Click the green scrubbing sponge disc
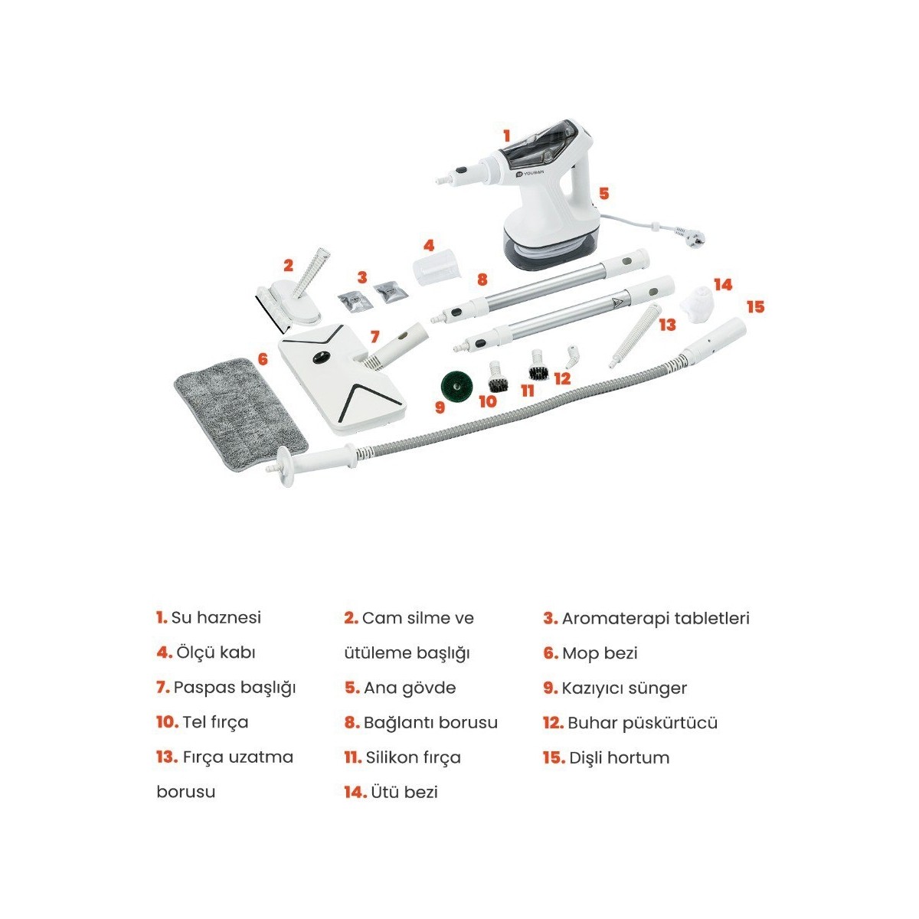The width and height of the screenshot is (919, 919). tap(456, 385)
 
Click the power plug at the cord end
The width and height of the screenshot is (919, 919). tap(689, 234)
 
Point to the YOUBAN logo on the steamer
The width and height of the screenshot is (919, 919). tap(530, 173)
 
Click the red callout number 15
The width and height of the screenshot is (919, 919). tap(755, 306)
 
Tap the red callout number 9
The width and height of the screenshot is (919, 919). tap(440, 407)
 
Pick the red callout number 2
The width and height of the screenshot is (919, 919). tap(288, 265)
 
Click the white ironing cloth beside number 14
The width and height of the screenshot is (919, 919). tap(698, 303)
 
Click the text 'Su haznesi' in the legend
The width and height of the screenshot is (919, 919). tap(216, 617)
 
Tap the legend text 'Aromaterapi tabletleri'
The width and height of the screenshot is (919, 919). tap(656, 619)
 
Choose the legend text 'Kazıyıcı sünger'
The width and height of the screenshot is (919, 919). tap(624, 688)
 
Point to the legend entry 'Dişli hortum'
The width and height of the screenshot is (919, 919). tap(620, 758)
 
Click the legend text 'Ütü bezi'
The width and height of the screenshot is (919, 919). tap(404, 792)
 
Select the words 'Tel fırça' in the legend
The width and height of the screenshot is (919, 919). tap(215, 722)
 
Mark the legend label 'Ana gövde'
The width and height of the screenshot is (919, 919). tap(410, 688)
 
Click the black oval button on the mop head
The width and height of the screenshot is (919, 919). tap(320, 357)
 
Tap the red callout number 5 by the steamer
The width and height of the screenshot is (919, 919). tap(603, 193)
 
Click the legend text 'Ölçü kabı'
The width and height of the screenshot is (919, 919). tap(215, 652)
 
